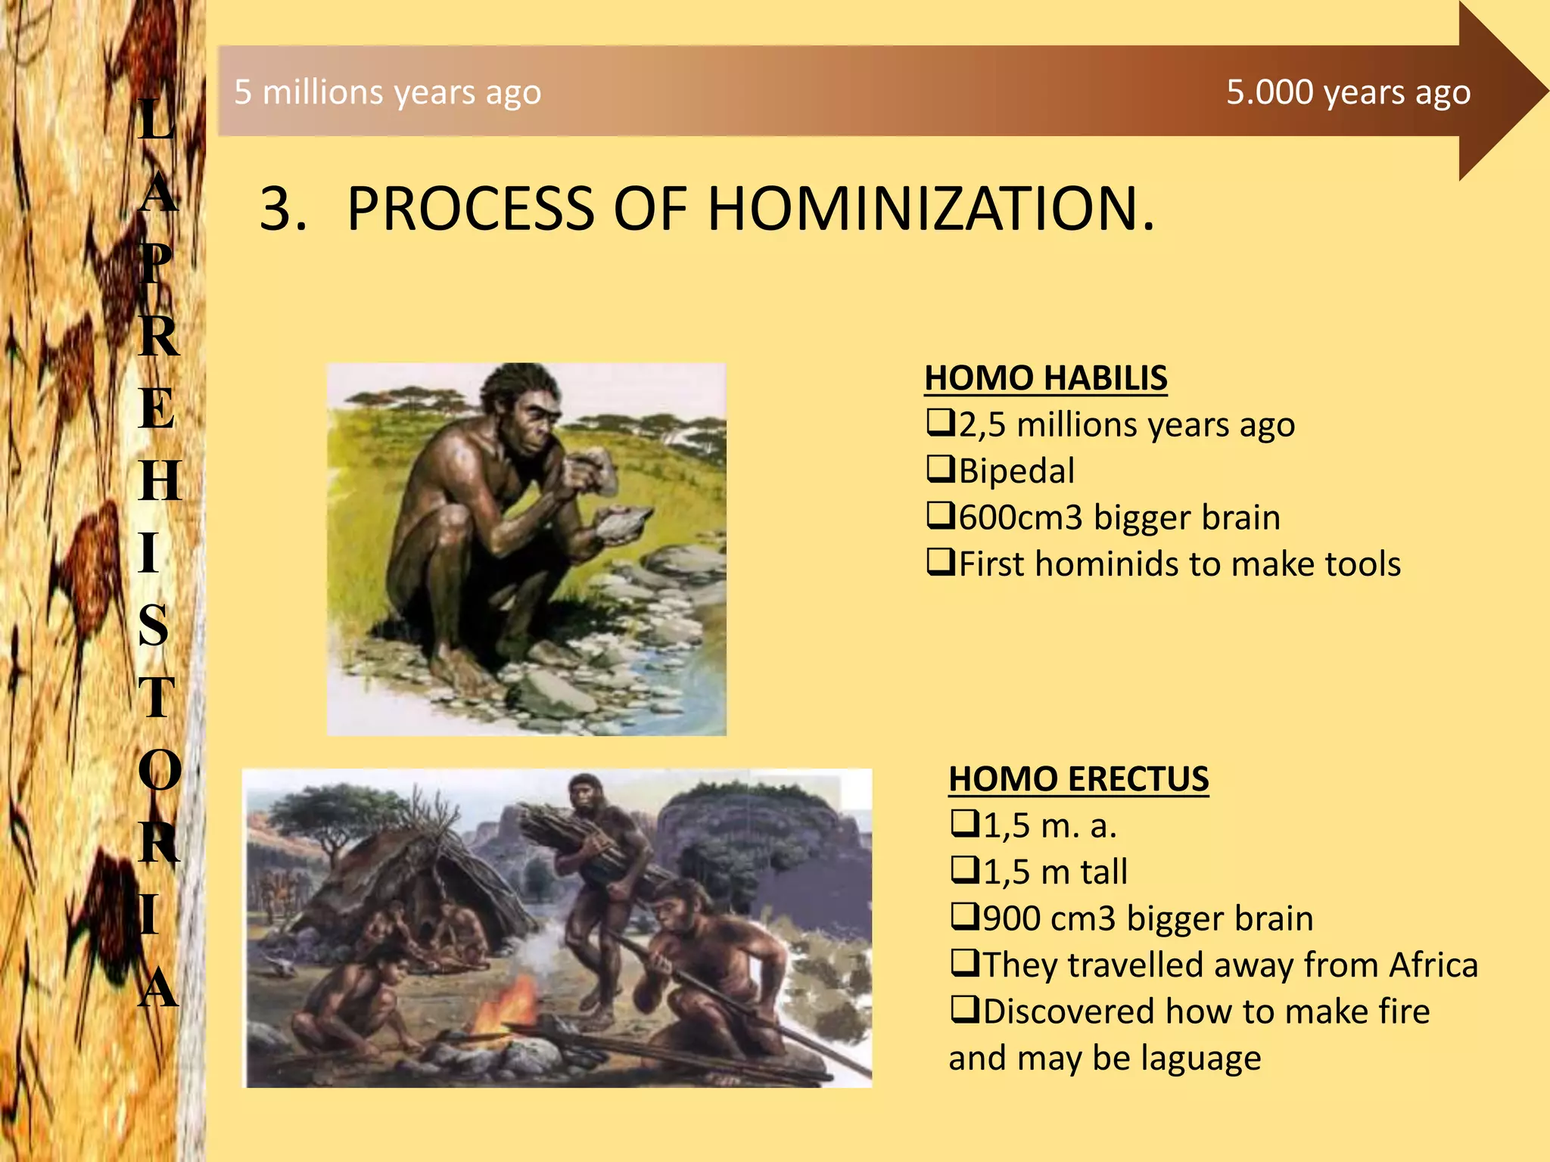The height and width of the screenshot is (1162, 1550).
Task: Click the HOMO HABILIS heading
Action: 1045,378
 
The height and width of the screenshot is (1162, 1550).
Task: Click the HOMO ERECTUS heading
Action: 1078,779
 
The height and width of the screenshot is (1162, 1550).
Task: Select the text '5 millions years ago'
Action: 387,92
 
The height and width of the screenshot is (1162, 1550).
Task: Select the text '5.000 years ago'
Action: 1348,92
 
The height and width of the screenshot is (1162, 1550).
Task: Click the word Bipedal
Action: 1016,471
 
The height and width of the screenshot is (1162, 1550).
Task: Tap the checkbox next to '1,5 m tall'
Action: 963,871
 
